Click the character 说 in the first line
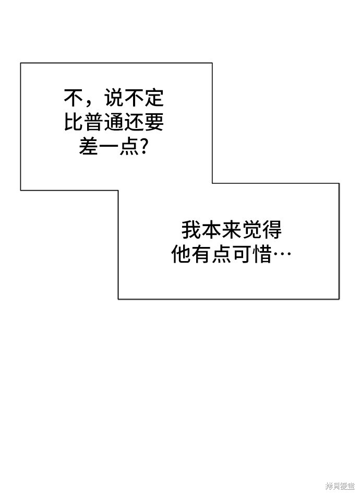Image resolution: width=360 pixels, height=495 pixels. tap(114, 98)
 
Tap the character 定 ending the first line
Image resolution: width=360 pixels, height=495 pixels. tap(154, 98)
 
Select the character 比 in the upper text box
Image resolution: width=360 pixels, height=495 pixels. tap(74, 122)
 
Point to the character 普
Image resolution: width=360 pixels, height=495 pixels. tap(94, 122)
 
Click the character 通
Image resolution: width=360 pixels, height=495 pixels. tap(114, 122)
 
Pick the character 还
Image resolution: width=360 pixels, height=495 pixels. tap(134, 122)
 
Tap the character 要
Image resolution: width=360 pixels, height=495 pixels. tap(154, 122)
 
